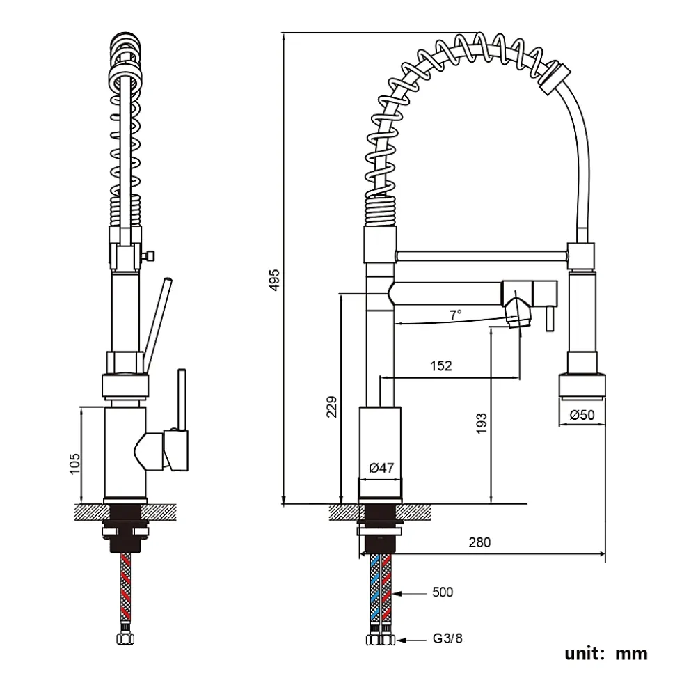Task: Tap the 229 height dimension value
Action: (x=332, y=407)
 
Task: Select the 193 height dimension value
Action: (x=482, y=423)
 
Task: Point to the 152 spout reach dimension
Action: (x=441, y=365)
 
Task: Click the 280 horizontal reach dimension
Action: (x=480, y=542)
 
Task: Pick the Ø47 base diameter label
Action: (x=380, y=469)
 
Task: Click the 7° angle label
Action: (x=455, y=315)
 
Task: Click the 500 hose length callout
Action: (x=442, y=592)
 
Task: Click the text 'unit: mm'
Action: (x=605, y=653)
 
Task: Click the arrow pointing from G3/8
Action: (x=414, y=638)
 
